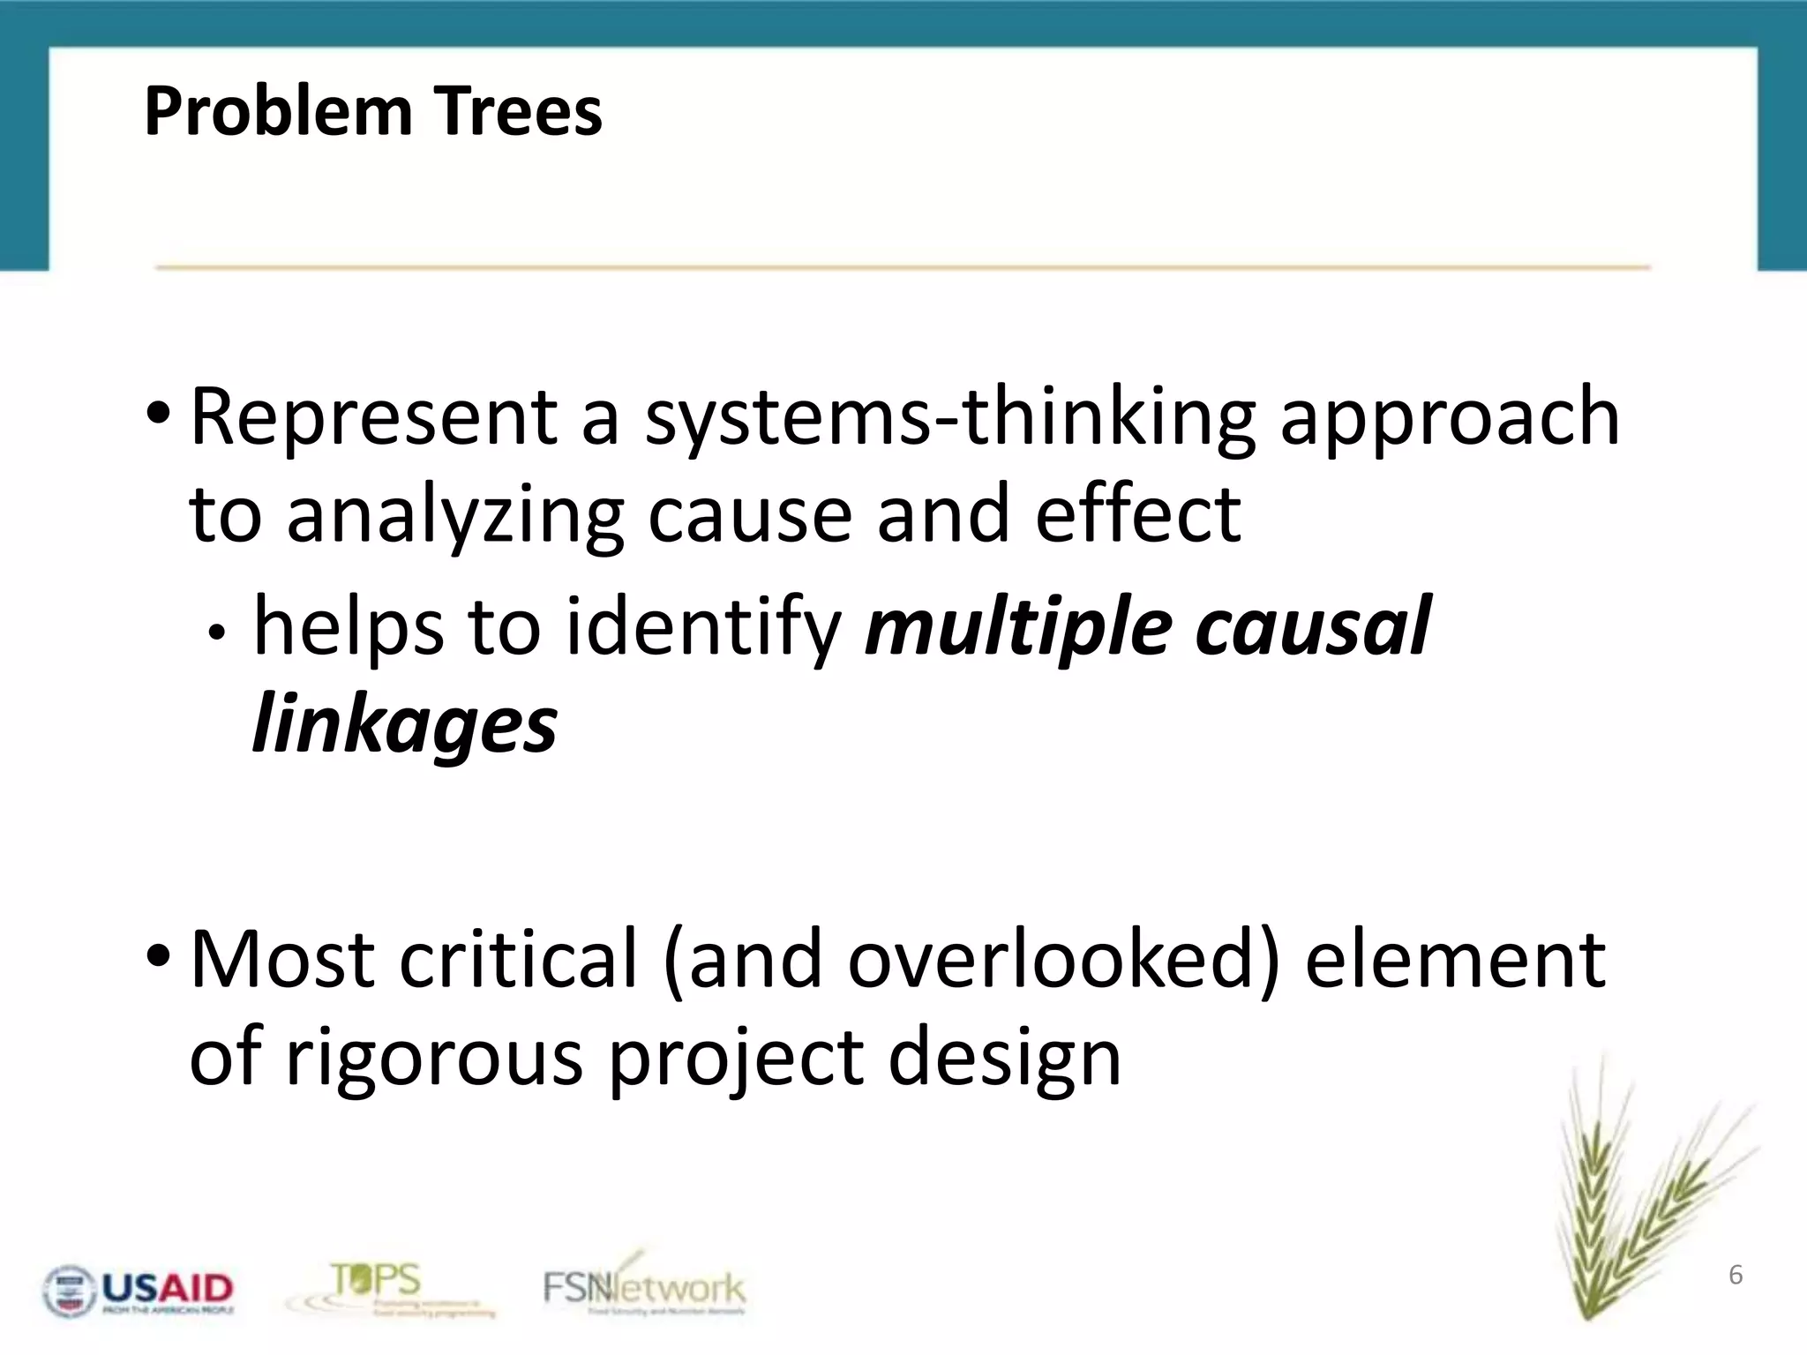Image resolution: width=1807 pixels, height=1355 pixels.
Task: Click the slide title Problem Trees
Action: pyautogui.click(x=372, y=112)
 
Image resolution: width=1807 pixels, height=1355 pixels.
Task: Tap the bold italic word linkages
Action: pyautogui.click(x=405, y=725)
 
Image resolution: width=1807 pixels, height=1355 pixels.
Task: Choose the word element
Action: pyautogui.click(x=1455, y=959)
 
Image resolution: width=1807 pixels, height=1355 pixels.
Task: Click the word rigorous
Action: pyautogui.click(x=433, y=1059)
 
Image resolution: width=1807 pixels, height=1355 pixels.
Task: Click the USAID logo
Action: pyautogui.click(x=139, y=1291)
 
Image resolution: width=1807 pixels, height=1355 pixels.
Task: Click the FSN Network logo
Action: pyautogui.click(x=644, y=1287)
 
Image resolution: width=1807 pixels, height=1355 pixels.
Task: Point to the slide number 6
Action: pyautogui.click(x=1735, y=1275)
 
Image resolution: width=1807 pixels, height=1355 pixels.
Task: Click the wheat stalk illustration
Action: pyautogui.click(x=1641, y=1209)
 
